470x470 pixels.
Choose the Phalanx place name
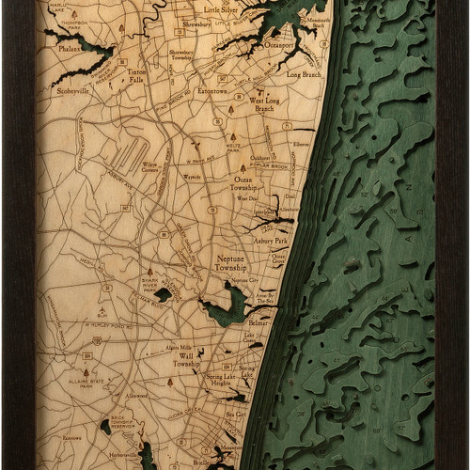(x=70, y=46)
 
